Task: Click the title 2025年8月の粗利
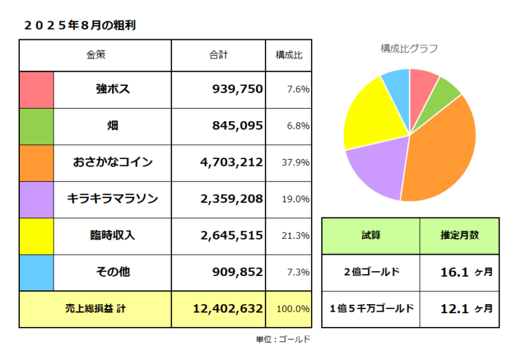pos(78,25)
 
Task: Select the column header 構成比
pos(288,54)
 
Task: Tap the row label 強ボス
pos(113,89)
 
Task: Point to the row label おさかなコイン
pos(113,163)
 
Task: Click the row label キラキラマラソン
pos(113,199)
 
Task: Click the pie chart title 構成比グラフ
pos(409,48)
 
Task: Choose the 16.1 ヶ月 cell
pos(466,272)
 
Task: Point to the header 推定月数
pos(460,235)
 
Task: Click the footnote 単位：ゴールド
pos(283,339)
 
